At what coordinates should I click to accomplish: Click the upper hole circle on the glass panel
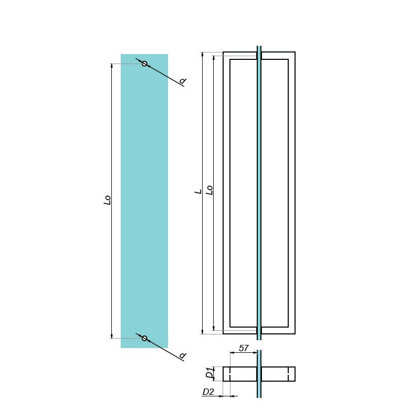tap(144, 64)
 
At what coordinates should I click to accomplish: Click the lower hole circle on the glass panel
tap(144, 338)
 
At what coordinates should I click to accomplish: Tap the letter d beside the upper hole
tap(183, 81)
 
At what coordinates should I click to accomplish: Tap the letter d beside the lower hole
tap(183, 355)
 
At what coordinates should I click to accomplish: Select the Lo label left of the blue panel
tap(107, 200)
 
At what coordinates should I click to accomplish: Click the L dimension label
tap(198, 192)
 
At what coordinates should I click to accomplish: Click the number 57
tap(244, 348)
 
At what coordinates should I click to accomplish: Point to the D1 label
tap(209, 372)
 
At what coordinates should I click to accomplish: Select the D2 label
tap(208, 392)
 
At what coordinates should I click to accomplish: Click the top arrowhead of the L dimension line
tap(203, 54)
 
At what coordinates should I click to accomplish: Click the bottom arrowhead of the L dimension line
tap(203, 332)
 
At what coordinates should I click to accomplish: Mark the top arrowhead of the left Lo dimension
tap(112, 66)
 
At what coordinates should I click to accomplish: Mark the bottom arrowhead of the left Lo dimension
tap(112, 336)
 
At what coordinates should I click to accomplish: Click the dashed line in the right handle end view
tap(288, 374)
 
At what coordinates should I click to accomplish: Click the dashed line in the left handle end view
tap(230, 374)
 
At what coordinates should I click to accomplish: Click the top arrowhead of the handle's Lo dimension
tap(214, 58)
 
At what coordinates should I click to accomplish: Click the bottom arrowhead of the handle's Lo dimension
tap(214, 328)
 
